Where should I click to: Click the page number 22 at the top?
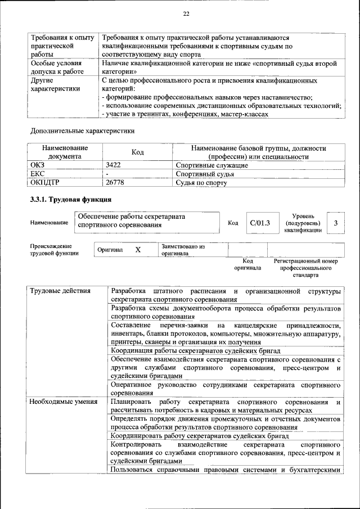(x=186, y=14)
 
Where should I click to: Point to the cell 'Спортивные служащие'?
(x=211, y=165)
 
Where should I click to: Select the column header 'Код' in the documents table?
(x=138, y=152)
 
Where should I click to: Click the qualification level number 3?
(x=335, y=223)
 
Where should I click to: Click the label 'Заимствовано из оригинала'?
(x=183, y=250)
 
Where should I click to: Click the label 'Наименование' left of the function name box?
(x=49, y=223)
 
